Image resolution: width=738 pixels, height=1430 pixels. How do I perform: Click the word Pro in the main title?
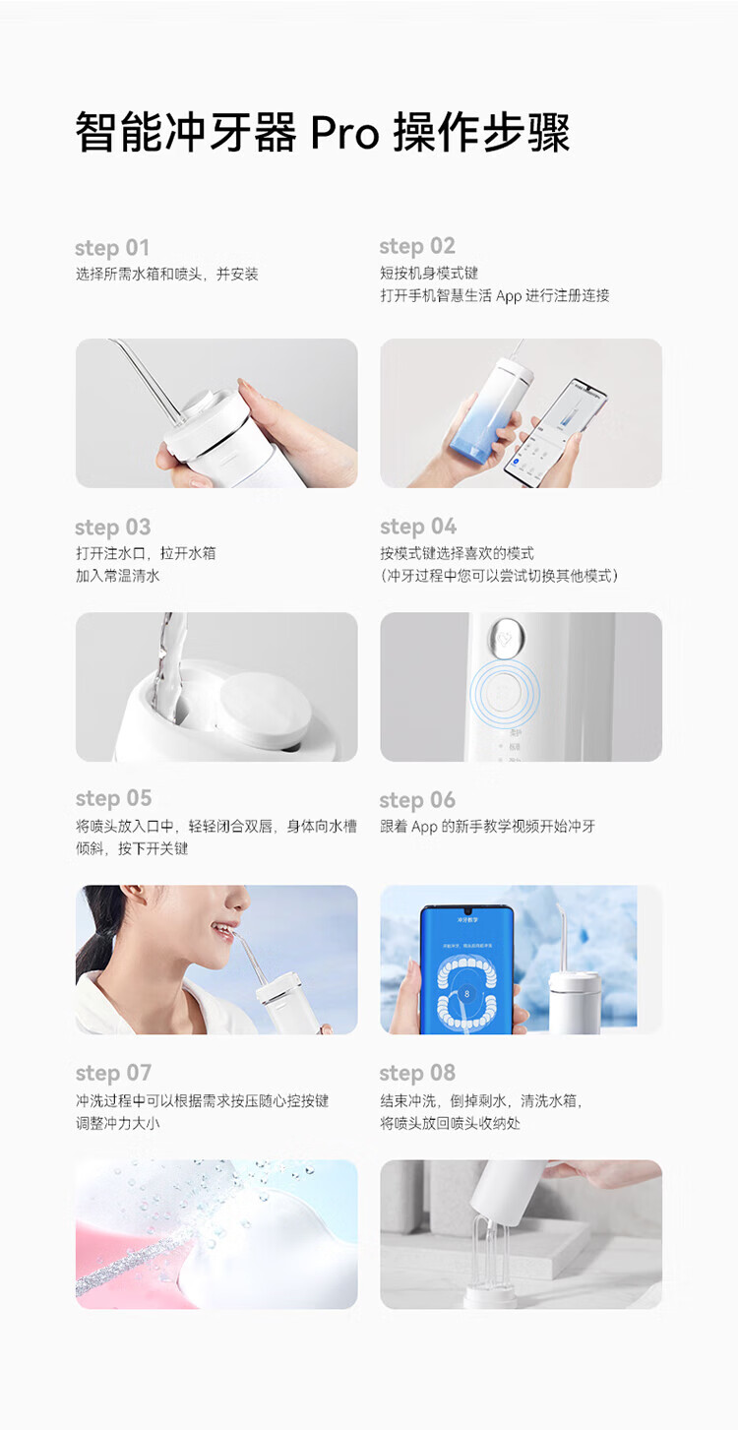[344, 134]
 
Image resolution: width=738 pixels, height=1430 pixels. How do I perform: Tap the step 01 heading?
[112, 247]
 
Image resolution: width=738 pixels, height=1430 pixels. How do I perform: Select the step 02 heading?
[417, 246]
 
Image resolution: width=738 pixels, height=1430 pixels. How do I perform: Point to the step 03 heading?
[113, 527]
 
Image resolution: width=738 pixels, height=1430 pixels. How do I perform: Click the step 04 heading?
[418, 526]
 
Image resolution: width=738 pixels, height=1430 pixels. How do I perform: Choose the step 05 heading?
[113, 798]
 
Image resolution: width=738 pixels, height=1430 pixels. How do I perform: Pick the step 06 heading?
[417, 799]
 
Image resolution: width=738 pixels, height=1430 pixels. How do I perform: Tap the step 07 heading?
[113, 1073]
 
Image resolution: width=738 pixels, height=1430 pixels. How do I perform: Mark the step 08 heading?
[417, 1073]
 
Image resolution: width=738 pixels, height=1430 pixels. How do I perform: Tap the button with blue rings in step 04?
[505, 694]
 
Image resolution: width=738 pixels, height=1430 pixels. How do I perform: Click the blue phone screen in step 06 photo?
[466, 970]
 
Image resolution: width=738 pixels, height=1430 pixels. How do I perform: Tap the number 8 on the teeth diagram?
[466, 994]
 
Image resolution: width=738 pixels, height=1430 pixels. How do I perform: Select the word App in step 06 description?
[424, 827]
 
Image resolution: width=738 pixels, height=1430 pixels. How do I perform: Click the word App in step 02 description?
[509, 296]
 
